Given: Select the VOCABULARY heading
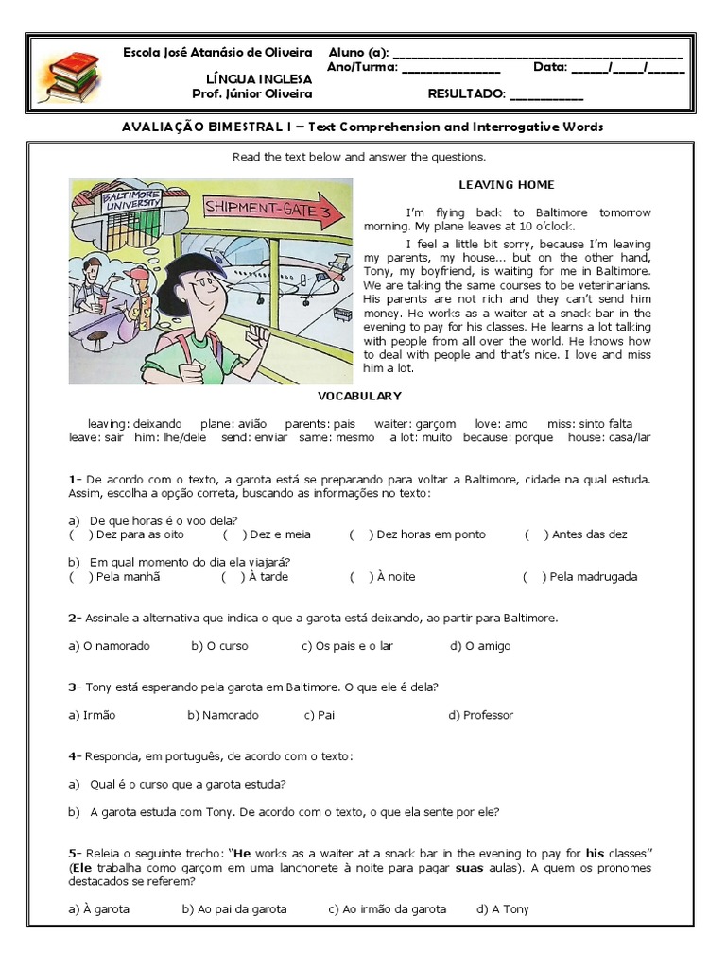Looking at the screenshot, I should (x=359, y=396).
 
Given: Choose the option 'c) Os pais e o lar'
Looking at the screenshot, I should (x=347, y=646).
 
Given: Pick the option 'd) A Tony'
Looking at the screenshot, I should (x=503, y=909).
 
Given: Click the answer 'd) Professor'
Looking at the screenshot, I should (x=480, y=715).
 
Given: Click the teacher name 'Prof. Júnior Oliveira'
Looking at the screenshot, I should (x=251, y=94).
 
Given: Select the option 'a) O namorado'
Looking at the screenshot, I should (x=109, y=646).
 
